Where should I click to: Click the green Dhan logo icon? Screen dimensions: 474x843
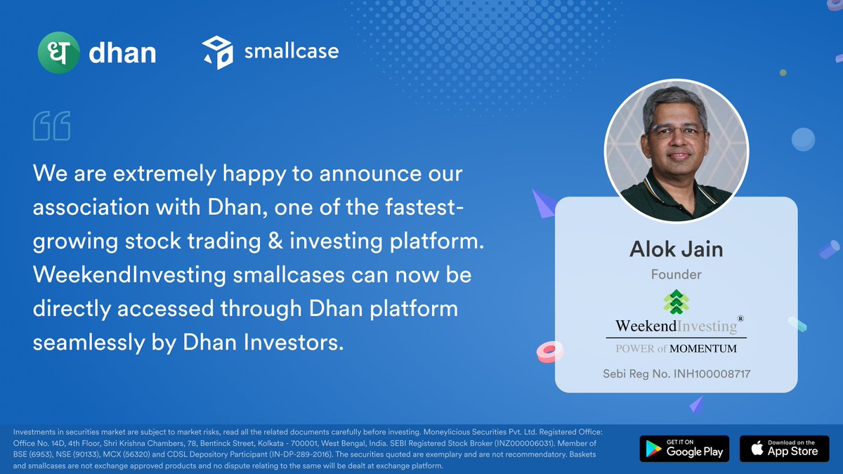click(x=58, y=53)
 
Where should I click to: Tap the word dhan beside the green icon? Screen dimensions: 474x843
click(x=122, y=53)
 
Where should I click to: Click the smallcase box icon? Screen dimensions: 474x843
click(x=217, y=53)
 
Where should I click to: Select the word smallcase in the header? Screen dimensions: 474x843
click(x=291, y=51)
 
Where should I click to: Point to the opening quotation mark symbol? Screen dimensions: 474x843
click(x=51, y=126)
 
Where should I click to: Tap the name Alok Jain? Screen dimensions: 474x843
click(x=676, y=249)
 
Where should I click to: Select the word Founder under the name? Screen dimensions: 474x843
click(x=676, y=275)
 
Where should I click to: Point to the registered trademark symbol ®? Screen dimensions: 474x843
click(x=740, y=318)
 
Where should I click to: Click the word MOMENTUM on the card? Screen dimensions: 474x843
click(x=703, y=348)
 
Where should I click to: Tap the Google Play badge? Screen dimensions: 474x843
click(x=684, y=449)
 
